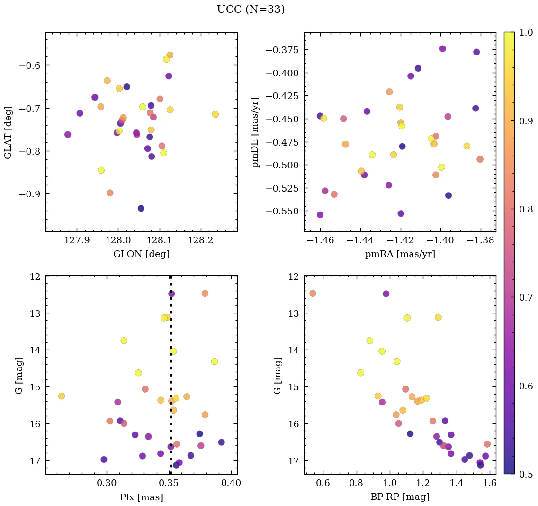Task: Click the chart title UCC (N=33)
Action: [251, 9]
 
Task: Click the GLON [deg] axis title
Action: [141, 254]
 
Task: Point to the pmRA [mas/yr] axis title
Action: [400, 254]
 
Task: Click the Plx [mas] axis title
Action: [141, 497]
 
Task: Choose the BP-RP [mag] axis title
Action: [400, 497]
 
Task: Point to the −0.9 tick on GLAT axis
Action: [29, 194]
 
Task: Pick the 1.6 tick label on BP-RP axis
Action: [490, 484]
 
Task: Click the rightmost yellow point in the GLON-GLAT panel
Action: [215, 114]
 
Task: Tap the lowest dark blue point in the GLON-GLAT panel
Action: [141, 208]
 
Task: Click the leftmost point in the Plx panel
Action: [61, 396]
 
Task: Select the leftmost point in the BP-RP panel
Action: [313, 294]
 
